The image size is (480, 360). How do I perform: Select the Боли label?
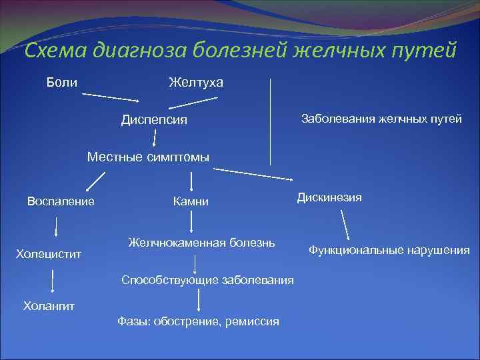click(61, 82)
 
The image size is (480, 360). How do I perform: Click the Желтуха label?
click(196, 82)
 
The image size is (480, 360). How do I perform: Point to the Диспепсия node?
click(154, 120)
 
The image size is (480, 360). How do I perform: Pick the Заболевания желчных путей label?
click(381, 119)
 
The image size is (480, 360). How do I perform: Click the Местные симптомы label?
click(148, 157)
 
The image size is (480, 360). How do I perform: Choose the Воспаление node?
click(60, 201)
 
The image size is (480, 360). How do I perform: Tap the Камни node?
click(191, 201)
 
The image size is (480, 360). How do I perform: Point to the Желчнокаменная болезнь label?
click(201, 241)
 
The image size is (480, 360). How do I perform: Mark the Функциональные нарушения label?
click(389, 251)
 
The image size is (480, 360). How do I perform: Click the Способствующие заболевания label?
click(207, 280)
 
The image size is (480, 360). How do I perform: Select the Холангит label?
click(49, 306)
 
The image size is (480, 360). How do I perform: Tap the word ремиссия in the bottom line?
click(253, 321)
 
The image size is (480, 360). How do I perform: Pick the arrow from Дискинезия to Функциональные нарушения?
click(345, 225)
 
